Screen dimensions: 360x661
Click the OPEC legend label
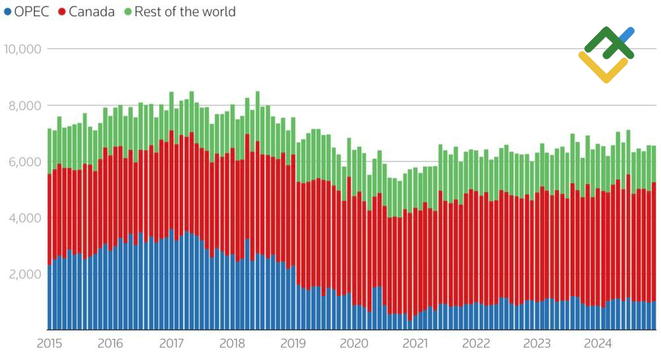[31, 11]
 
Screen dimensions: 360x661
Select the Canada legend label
[91, 11]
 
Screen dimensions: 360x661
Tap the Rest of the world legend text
[185, 11]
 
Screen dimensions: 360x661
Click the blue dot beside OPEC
[7, 12]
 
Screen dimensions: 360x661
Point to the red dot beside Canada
[61, 12]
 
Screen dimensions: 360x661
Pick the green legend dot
[128, 12]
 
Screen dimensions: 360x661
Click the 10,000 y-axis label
[23, 49]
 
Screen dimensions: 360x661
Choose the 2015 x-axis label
[50, 343]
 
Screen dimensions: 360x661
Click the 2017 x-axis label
[172, 343]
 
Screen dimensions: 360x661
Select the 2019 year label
[293, 343]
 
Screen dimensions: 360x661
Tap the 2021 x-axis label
[415, 343]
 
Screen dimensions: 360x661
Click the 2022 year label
[476, 343]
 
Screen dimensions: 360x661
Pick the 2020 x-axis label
[354, 343]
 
